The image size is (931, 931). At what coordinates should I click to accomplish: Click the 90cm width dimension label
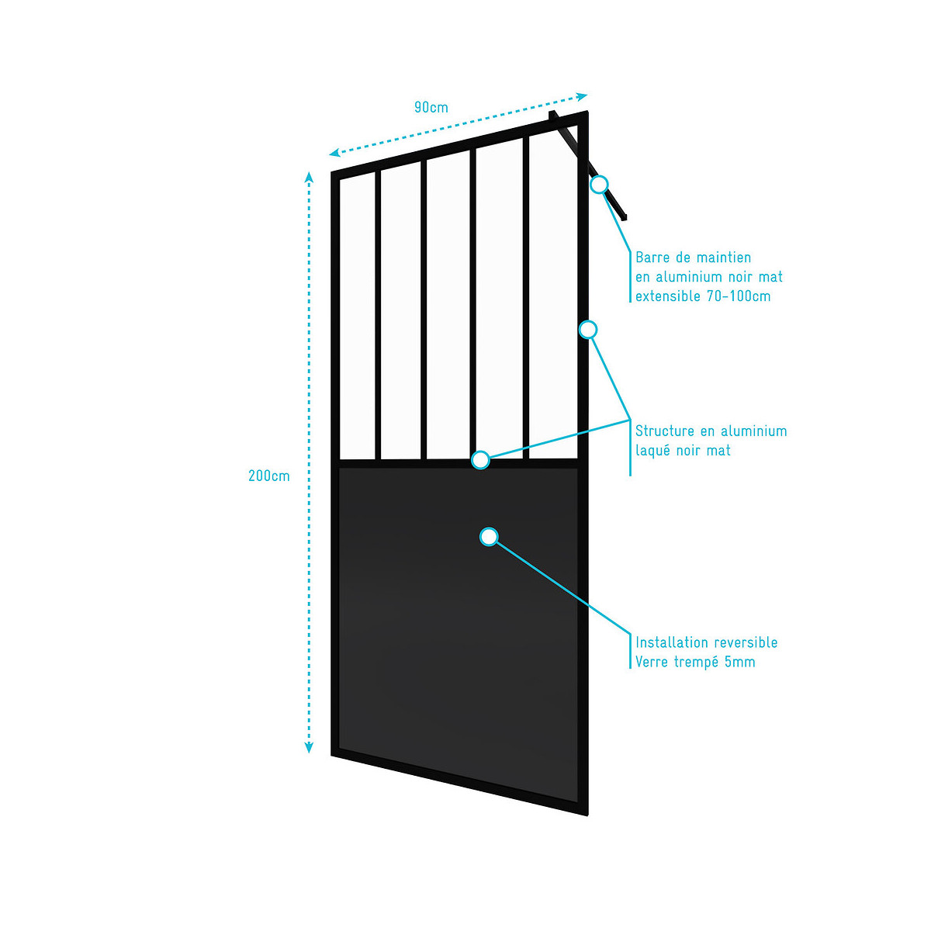click(x=431, y=107)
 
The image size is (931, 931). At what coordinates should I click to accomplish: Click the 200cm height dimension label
click(x=269, y=476)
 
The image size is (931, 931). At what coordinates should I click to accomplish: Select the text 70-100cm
click(x=739, y=296)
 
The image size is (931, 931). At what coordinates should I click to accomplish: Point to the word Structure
click(x=665, y=431)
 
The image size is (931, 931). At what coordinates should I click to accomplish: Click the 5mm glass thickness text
click(x=739, y=662)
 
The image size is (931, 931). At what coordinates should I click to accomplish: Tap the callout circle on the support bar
click(x=599, y=185)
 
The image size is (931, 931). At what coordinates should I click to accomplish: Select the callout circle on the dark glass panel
click(x=489, y=537)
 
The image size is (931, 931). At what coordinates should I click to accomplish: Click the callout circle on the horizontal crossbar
click(x=481, y=460)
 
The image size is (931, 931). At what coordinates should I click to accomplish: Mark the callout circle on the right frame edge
click(x=588, y=330)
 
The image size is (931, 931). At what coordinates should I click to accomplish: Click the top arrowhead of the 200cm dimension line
click(x=310, y=177)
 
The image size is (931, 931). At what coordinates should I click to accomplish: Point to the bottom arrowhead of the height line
click(x=310, y=748)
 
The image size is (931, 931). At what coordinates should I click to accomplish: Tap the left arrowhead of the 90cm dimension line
click(x=334, y=153)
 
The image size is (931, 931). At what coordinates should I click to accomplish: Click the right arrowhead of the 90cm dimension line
click(x=582, y=96)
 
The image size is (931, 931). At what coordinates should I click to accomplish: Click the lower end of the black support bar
click(x=625, y=217)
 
